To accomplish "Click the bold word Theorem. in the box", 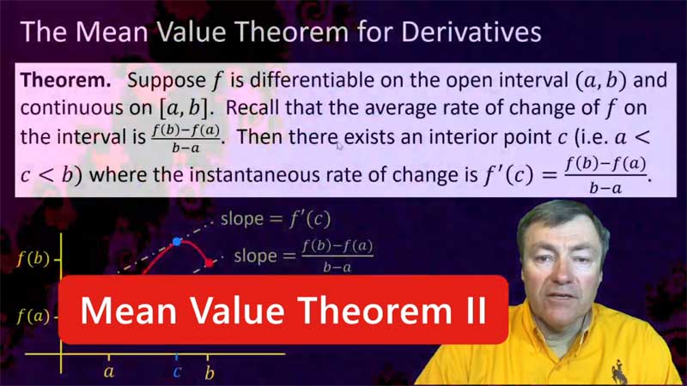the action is (66, 81).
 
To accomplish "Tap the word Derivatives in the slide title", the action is (471, 32).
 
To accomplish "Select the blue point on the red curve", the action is (177, 241).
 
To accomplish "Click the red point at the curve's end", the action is (209, 263).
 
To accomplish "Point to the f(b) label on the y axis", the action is (33, 259).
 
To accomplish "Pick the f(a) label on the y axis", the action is (33, 316).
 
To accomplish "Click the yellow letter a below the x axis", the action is (109, 372).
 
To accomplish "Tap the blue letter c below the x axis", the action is (177, 372).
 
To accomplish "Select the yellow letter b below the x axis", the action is (210, 373).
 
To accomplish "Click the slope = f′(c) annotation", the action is (275, 219).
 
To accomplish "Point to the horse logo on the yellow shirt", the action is (618, 371).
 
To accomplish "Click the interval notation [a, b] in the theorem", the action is (184, 109).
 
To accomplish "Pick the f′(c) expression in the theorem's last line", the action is (509, 175).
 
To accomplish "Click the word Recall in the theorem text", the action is (252, 108).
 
